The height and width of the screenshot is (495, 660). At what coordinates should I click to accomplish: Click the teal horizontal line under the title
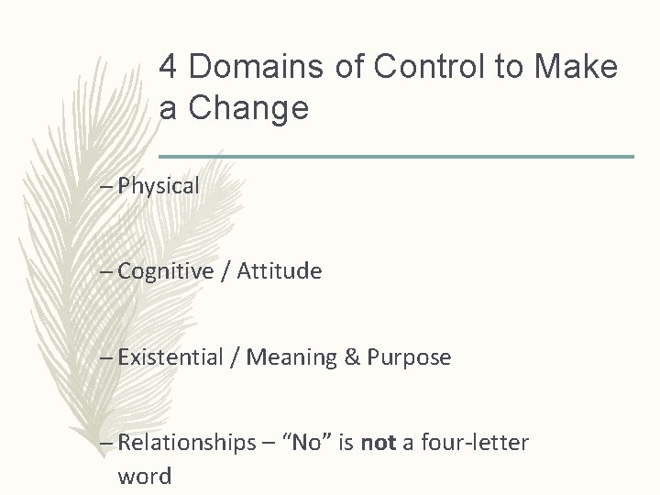[396, 157]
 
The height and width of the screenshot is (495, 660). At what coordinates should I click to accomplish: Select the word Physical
[159, 186]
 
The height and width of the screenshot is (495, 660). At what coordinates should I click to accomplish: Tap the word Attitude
[280, 271]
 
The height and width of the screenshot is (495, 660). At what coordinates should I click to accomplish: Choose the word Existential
[171, 357]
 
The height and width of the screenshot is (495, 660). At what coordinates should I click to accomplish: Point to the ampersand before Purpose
[352, 357]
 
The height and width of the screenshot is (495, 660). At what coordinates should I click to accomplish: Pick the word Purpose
[409, 357]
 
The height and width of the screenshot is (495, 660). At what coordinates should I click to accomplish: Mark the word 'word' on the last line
[144, 476]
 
